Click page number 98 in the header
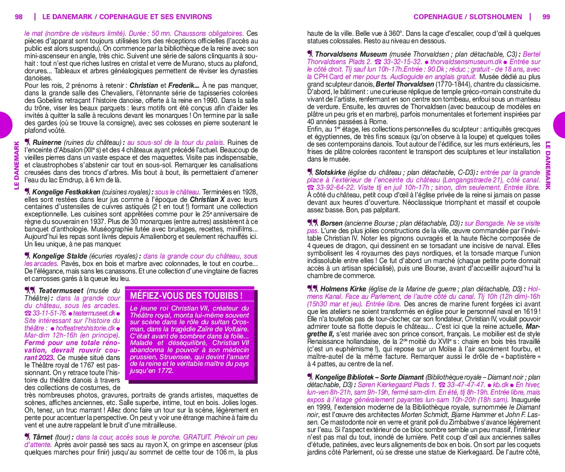point(19,17)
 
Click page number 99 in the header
point(546,17)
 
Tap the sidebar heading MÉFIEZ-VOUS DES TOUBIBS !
point(186,296)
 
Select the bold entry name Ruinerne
point(47,142)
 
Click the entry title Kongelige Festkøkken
point(66,192)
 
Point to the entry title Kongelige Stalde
point(59,256)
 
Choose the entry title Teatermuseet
point(61,291)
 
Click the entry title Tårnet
point(42,437)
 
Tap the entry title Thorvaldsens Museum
point(350,54)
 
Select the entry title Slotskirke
point(330,172)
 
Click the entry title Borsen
point(331,223)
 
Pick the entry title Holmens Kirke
point(343,289)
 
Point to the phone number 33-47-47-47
point(466,385)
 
